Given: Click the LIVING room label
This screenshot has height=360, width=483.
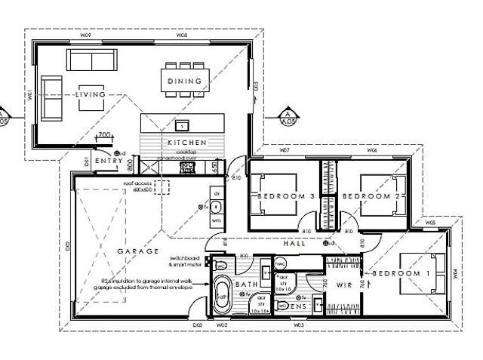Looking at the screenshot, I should tap(90, 95).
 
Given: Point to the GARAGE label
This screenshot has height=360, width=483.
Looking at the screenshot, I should tap(137, 251).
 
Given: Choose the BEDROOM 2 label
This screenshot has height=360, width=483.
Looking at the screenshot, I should tap(365, 195).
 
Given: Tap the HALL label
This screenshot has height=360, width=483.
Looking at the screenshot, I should tap(294, 244).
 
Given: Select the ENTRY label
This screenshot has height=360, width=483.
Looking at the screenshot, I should tap(109, 161).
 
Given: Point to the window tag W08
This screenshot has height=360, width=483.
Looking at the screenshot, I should tap(181, 35).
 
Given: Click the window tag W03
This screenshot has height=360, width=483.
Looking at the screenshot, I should tap(299, 325).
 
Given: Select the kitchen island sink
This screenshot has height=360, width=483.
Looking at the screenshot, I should tap(181, 125).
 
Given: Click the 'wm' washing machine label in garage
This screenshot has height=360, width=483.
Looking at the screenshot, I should tap(216, 220).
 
